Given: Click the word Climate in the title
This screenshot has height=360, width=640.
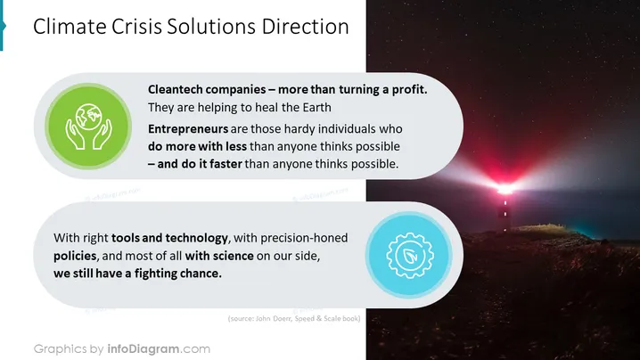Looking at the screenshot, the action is [x=70, y=27].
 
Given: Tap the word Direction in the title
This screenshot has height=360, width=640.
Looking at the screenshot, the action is [x=306, y=27].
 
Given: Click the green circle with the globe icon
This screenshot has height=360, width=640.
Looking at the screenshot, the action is [x=88, y=127].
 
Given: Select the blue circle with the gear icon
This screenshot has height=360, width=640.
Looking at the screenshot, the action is [x=409, y=255].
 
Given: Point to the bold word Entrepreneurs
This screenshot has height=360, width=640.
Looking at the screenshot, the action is [x=188, y=129].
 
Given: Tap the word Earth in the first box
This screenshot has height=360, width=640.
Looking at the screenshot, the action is [x=316, y=107].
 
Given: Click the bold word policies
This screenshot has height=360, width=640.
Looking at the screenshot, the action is [x=75, y=256].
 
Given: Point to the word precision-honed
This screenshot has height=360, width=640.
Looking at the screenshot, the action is [x=304, y=238].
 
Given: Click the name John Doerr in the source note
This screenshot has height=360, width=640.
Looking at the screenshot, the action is [x=273, y=318].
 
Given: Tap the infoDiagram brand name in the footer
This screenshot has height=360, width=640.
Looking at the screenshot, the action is [x=144, y=349].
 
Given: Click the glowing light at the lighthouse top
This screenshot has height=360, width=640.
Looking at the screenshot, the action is [x=505, y=189].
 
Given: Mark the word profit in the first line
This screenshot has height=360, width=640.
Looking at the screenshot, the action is [x=409, y=89].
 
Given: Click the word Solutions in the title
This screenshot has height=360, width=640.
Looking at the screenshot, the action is [x=211, y=27].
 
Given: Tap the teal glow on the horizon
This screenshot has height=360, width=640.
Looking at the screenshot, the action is [x=587, y=233].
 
